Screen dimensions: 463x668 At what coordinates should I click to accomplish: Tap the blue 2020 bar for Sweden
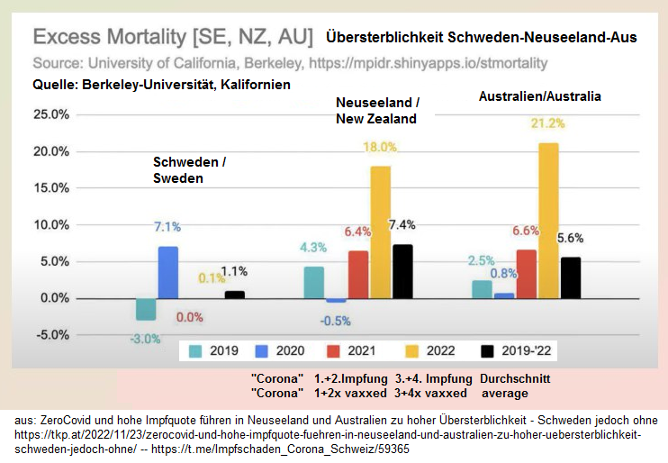(167, 272)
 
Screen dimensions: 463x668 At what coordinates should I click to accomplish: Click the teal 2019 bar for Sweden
(146, 308)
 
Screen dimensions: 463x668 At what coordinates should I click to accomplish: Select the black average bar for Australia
(571, 277)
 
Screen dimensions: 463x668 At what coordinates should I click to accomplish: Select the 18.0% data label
(379, 147)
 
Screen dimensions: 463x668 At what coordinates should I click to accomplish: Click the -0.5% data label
(335, 321)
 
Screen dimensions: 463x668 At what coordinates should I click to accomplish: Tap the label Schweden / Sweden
(189, 169)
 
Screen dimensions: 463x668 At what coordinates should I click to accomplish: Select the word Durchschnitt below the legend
(514, 378)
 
